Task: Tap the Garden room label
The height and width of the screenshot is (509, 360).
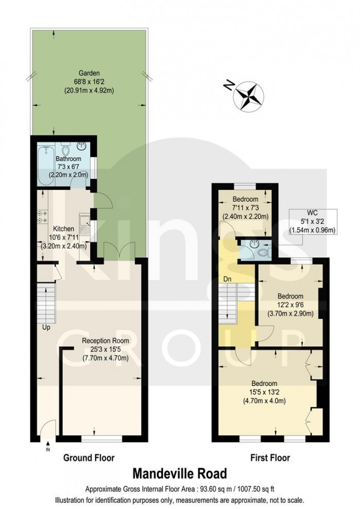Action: [88, 73]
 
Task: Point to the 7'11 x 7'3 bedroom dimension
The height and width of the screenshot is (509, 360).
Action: [244, 208]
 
